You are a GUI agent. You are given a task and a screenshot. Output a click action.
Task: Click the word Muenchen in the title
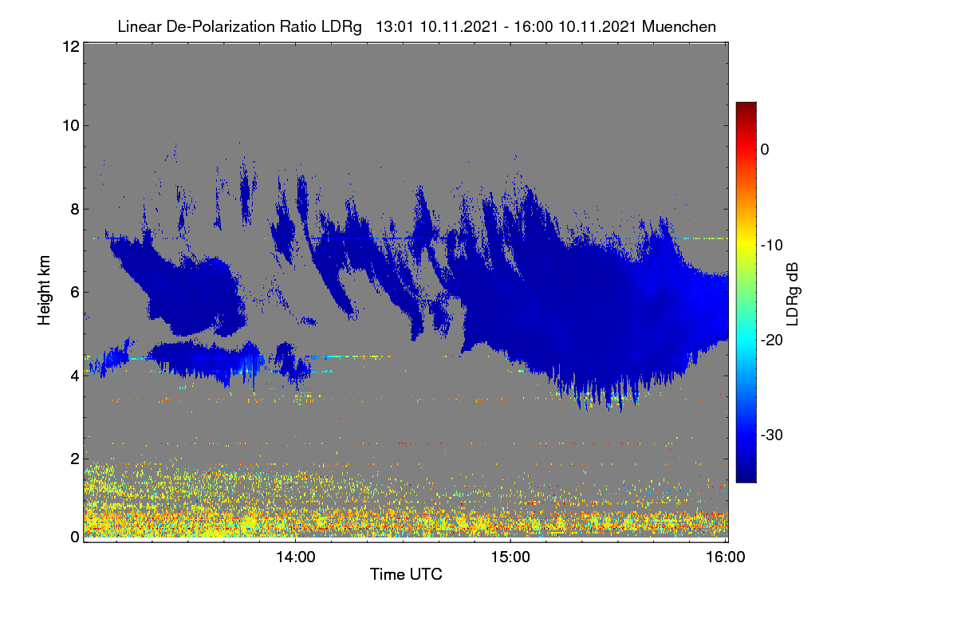click(679, 27)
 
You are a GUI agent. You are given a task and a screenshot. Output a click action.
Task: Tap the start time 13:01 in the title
click(394, 27)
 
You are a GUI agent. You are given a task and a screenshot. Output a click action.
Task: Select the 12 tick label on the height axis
click(71, 46)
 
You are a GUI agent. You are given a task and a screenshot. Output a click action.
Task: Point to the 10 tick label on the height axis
click(71, 126)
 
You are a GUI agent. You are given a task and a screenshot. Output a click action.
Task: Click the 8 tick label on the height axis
click(75, 210)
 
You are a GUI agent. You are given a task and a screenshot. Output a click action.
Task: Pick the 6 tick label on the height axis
click(75, 293)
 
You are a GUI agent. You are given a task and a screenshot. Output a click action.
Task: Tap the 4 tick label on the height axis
click(75, 376)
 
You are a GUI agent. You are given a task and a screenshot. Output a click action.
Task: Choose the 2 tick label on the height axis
click(75, 459)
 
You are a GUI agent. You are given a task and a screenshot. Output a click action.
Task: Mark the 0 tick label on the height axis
click(75, 538)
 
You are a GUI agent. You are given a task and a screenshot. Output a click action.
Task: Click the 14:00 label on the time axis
click(296, 557)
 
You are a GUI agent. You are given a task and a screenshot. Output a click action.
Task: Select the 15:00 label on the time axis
click(510, 557)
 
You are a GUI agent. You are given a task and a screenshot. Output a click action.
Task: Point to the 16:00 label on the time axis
click(726, 557)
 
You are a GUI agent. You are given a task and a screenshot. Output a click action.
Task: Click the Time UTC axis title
click(406, 574)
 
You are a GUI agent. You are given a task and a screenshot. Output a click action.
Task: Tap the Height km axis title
click(44, 290)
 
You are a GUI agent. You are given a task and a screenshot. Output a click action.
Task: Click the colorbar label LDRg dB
click(793, 294)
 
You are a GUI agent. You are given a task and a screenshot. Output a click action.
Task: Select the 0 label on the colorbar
click(765, 150)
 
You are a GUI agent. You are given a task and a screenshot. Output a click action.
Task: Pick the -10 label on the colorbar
click(772, 246)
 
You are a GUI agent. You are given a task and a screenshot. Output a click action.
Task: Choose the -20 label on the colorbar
click(772, 341)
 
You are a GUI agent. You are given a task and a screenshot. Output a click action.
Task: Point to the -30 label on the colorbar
click(772, 435)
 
